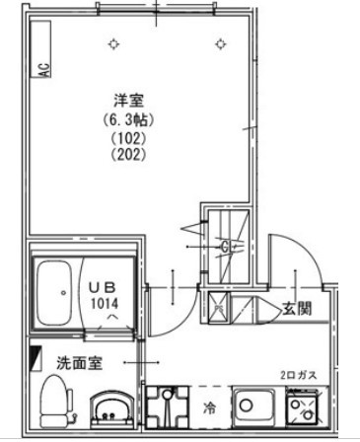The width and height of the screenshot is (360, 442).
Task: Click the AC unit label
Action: pyautogui.click(x=44, y=70)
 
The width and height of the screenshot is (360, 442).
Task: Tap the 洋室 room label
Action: pyautogui.click(x=129, y=101)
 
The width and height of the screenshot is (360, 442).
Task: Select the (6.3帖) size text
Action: pyautogui.click(x=128, y=120)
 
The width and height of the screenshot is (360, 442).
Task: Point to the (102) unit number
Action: pyautogui.click(x=128, y=138)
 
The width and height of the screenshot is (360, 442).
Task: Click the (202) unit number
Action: pyautogui.click(x=128, y=154)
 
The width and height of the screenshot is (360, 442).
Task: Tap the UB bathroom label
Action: pyautogui.click(x=103, y=288)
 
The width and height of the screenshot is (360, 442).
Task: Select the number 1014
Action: pyautogui.click(x=105, y=303)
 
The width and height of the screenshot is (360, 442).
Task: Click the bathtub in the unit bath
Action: pyautogui.click(x=54, y=293)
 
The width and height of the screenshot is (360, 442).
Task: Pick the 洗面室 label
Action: pyautogui.click(x=79, y=363)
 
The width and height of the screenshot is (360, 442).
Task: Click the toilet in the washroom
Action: pyautogui.click(x=56, y=402)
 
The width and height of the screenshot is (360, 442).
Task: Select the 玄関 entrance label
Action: pyautogui.click(x=297, y=309)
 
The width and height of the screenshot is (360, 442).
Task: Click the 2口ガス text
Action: pyautogui.click(x=299, y=375)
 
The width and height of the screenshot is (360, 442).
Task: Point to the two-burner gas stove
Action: pyautogui.click(x=303, y=406)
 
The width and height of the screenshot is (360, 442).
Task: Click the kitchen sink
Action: pyautogui.click(x=253, y=405)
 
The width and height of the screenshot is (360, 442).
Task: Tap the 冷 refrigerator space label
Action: pyautogui.click(x=209, y=408)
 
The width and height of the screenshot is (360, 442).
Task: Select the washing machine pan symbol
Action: pyautogui.click(x=167, y=407)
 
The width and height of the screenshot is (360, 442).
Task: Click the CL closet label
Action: pyautogui.click(x=226, y=247)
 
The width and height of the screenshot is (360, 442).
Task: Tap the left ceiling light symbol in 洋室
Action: pyautogui.click(x=113, y=43)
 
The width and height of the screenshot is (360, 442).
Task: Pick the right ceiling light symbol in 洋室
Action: pyautogui.click(x=221, y=43)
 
